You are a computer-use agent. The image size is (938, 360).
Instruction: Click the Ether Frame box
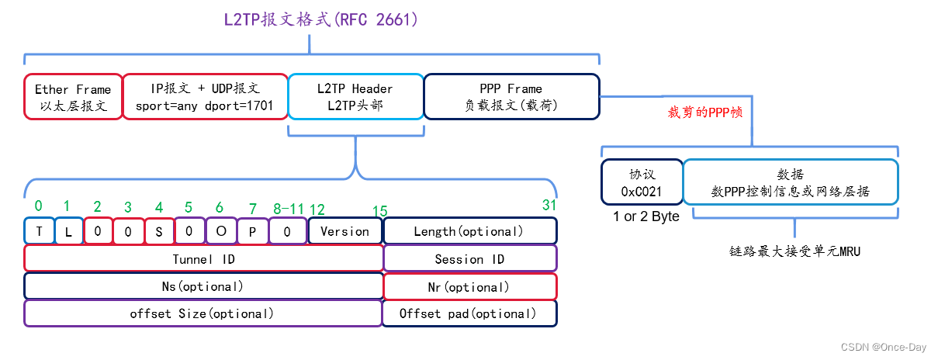coord(73,97)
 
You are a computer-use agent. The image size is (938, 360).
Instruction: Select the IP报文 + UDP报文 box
coord(205,97)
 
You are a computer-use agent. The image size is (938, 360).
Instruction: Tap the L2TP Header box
coord(355,97)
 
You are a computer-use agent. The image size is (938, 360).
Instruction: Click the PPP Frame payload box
coord(511,97)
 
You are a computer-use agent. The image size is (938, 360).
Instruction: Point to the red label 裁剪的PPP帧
coord(705,112)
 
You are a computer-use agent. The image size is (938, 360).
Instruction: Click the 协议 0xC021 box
coord(642,182)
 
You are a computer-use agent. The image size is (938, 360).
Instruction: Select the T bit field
coord(39,231)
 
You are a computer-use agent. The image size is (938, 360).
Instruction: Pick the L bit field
coord(69,231)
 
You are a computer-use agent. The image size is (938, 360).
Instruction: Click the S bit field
coord(159,231)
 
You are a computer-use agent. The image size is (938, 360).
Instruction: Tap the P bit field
coord(252,231)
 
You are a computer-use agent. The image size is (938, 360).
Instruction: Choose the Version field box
coord(344,231)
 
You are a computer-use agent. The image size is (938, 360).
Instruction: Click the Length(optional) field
coord(469,231)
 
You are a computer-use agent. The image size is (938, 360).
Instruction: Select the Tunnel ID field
coord(203,258)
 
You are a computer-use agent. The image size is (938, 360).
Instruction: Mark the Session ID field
coord(469,258)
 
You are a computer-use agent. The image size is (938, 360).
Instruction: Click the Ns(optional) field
coord(203,286)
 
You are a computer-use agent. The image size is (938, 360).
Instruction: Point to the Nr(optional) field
coord(469,286)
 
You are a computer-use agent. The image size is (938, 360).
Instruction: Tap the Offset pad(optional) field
coord(469,313)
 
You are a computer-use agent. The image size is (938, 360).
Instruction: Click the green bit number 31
coord(549,206)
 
